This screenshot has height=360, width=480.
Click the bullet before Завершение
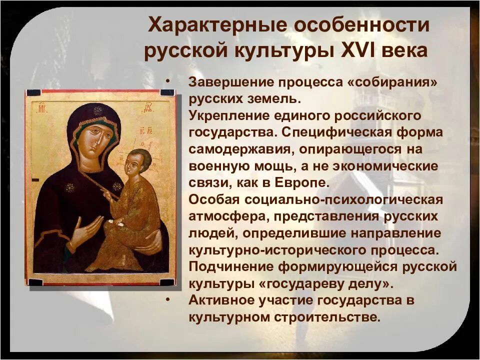[166, 81]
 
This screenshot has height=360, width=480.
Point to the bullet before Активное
[166, 300]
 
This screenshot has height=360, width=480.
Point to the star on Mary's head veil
[98, 110]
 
